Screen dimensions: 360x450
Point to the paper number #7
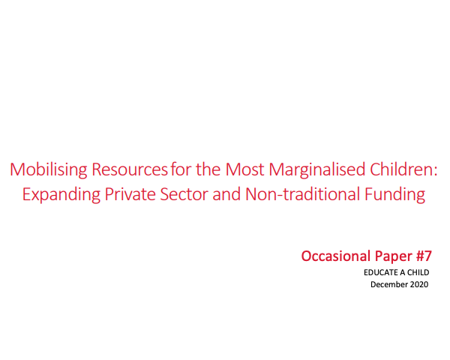point(423,256)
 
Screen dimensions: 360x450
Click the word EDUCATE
point(379,273)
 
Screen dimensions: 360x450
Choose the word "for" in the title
point(183,169)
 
